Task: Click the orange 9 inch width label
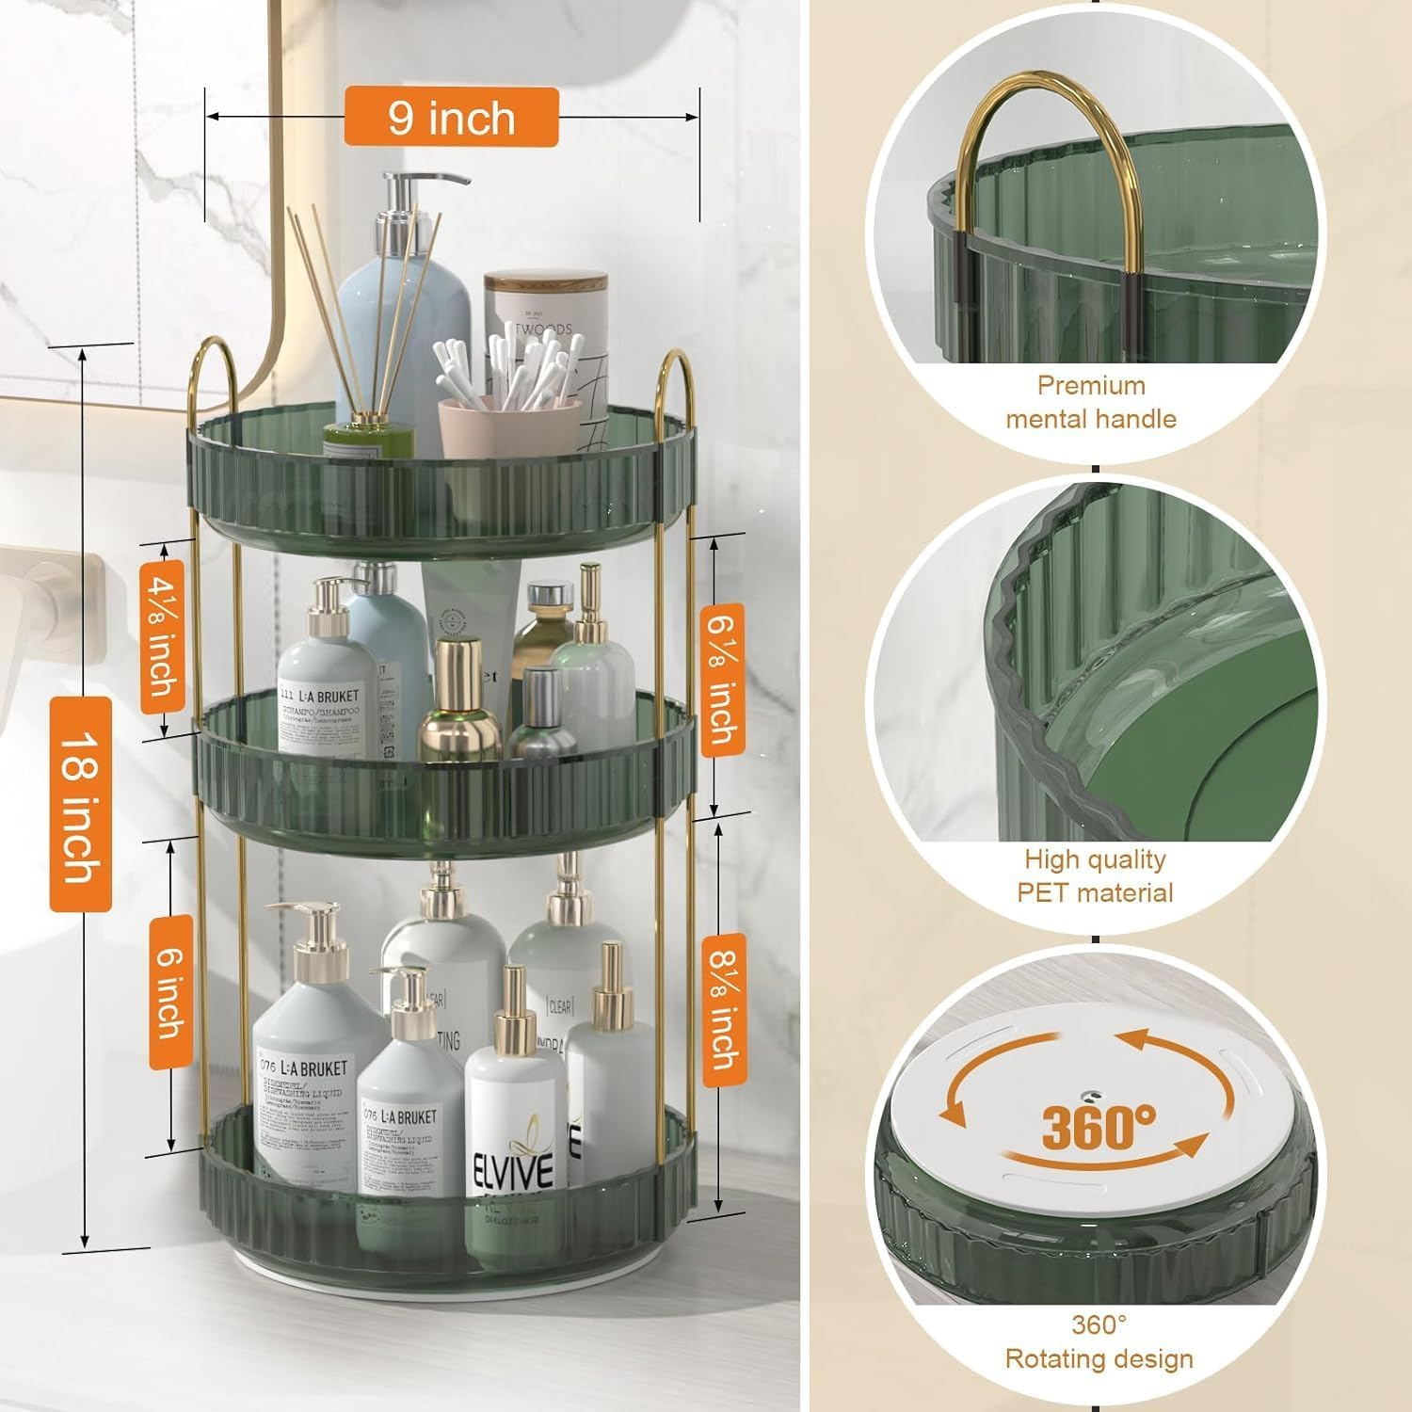(451, 118)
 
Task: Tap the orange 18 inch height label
(81, 805)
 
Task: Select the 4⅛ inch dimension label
(162, 637)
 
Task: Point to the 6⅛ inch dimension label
(723, 674)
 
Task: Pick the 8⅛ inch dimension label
(723, 1010)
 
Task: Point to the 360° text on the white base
(1098, 1126)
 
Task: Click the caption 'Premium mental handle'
(1091, 402)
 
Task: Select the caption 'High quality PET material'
(1095, 875)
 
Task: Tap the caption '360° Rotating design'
(1099, 1341)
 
